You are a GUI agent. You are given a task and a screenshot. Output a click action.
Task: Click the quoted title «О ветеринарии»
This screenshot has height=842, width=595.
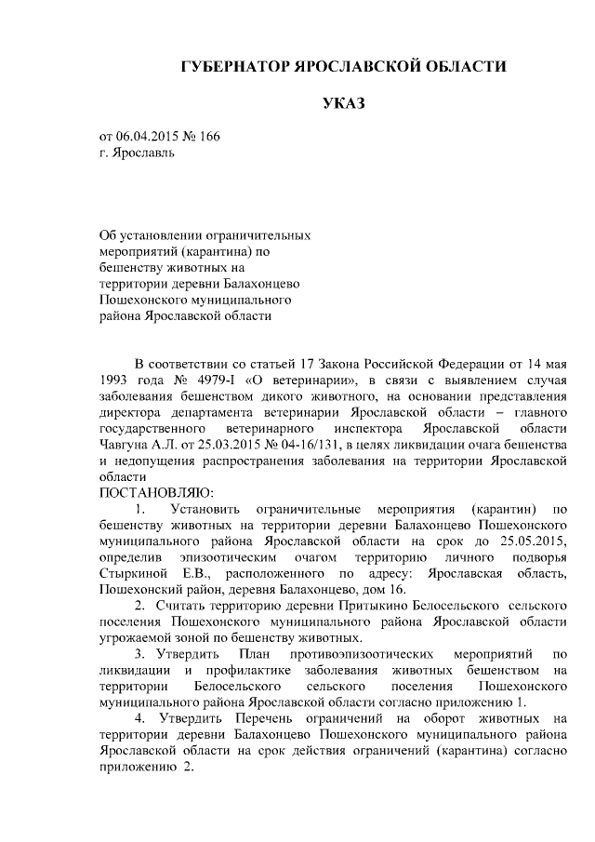[x=302, y=379]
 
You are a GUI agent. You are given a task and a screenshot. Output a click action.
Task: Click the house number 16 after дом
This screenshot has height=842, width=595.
[x=397, y=589]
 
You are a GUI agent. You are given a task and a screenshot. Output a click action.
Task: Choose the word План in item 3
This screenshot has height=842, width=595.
[x=255, y=654]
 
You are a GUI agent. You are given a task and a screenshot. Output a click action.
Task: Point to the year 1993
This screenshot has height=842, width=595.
[x=114, y=379]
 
